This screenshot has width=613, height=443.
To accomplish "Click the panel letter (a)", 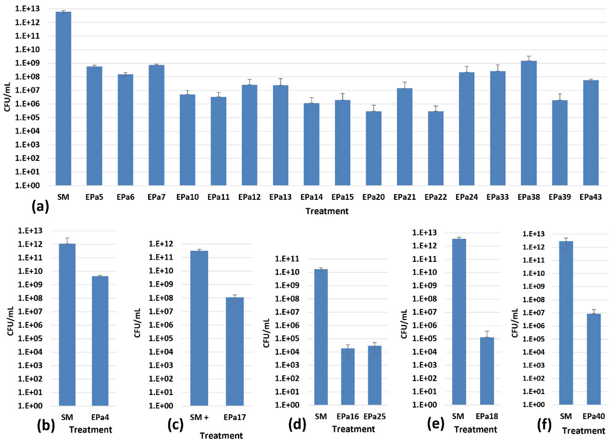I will [x=40, y=207].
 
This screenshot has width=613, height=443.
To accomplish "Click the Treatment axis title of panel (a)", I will [x=327, y=211].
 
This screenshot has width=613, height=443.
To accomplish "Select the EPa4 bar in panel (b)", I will [x=100, y=341].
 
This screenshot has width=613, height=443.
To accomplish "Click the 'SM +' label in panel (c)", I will [x=199, y=418].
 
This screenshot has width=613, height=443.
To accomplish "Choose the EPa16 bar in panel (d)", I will [x=348, y=376].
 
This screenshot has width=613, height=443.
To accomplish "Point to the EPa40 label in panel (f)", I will [x=594, y=416].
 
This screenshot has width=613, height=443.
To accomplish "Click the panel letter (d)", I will [x=297, y=424].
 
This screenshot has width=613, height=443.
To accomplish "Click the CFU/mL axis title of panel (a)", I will [x=7, y=97].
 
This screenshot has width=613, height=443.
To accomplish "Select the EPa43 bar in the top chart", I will [x=591, y=133].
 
